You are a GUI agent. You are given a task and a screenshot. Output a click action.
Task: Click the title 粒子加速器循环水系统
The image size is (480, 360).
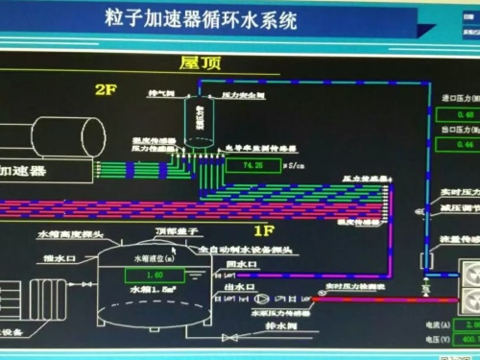tap(201, 18)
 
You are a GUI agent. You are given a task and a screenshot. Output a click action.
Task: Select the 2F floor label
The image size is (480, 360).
tap(104, 89)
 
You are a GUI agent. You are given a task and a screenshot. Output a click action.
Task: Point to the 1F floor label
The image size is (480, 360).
tap(265, 230)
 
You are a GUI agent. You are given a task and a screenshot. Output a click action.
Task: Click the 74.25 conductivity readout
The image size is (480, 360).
tap(253, 165)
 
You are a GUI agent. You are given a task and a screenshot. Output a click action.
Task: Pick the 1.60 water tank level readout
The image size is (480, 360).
tap(155, 275)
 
